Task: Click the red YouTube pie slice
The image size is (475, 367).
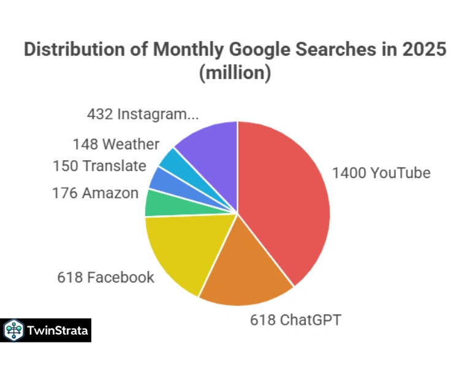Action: click(282, 196)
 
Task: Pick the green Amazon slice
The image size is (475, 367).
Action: click(156, 203)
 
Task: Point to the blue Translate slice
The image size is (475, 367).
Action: click(161, 179)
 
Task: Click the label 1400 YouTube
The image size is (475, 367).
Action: click(381, 173)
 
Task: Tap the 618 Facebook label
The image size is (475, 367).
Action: click(106, 277)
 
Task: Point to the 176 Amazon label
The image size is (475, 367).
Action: click(96, 193)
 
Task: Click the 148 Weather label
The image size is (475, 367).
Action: click(116, 144)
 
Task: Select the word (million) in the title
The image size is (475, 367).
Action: click(235, 73)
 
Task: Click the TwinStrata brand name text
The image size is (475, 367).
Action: click(58, 331)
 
